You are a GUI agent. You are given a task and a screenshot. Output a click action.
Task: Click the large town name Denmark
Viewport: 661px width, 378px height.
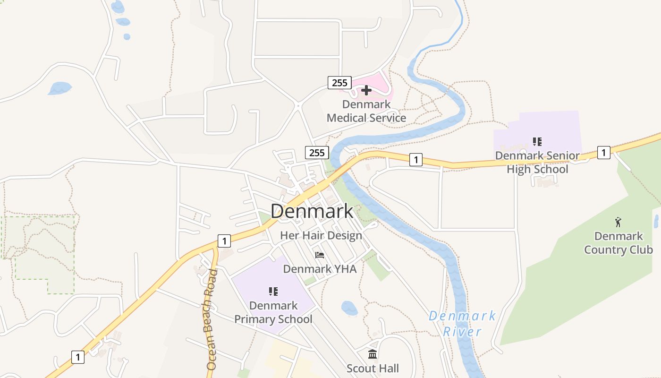coord(312,211)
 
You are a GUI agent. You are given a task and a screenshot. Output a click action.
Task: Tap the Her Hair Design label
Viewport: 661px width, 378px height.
coord(321,235)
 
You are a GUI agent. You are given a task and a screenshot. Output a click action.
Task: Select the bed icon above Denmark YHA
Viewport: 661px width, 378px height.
coord(320,256)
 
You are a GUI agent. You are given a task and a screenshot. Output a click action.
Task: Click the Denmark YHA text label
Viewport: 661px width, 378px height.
coord(320,269)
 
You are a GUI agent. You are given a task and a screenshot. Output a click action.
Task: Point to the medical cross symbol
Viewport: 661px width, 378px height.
coord(366,90)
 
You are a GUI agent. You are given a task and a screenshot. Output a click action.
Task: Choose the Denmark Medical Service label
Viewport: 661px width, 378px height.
coord(366,111)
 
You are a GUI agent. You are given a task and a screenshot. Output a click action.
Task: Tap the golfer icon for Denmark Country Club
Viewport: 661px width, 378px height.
coord(618,222)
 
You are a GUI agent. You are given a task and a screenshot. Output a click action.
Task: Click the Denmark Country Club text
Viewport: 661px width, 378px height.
coord(619,243)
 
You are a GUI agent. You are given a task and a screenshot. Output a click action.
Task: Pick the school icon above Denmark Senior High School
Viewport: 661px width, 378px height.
coord(537,141)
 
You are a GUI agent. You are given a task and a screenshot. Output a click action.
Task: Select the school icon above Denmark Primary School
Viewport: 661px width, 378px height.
coord(273,292)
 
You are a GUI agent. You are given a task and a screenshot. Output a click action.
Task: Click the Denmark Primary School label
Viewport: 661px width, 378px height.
coord(273,312)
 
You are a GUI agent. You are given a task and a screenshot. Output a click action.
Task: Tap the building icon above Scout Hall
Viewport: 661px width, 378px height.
coord(373,354)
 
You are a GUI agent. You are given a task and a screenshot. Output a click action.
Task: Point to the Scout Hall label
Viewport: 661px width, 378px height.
coord(373,368)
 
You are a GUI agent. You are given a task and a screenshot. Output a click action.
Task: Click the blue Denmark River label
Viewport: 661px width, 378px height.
coord(462,323)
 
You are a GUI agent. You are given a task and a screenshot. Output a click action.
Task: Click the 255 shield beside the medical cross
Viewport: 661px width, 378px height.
coord(339,83)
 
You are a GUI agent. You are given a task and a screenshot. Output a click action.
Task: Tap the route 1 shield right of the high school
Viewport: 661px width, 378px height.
coord(603,152)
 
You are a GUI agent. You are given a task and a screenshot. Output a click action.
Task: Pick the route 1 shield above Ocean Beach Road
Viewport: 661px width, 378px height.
coord(224,241)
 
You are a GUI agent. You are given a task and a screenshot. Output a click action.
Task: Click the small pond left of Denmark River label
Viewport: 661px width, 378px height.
coord(349,308)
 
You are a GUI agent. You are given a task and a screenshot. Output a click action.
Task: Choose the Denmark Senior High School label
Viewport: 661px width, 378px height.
coord(537,162)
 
